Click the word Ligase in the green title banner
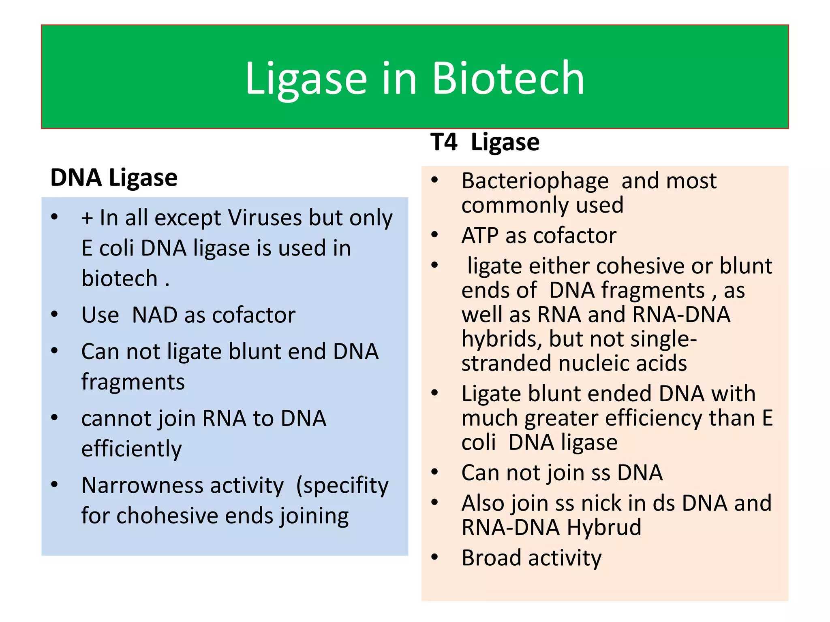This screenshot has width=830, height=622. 306,79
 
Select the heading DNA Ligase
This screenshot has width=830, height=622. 114,178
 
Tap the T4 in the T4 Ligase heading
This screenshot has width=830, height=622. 444,143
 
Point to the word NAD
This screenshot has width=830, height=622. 155,315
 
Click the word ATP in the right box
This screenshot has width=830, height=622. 480,235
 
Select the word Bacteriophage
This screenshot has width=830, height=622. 535,181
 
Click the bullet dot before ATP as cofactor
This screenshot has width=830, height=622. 435,235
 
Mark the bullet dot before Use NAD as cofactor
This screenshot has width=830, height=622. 55,315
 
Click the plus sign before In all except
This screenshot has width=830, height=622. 87,219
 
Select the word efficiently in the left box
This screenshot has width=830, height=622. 131,449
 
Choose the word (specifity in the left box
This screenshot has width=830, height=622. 342,486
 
